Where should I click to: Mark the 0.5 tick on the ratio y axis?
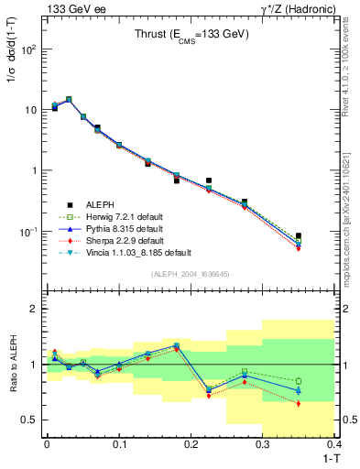click(30, 420)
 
